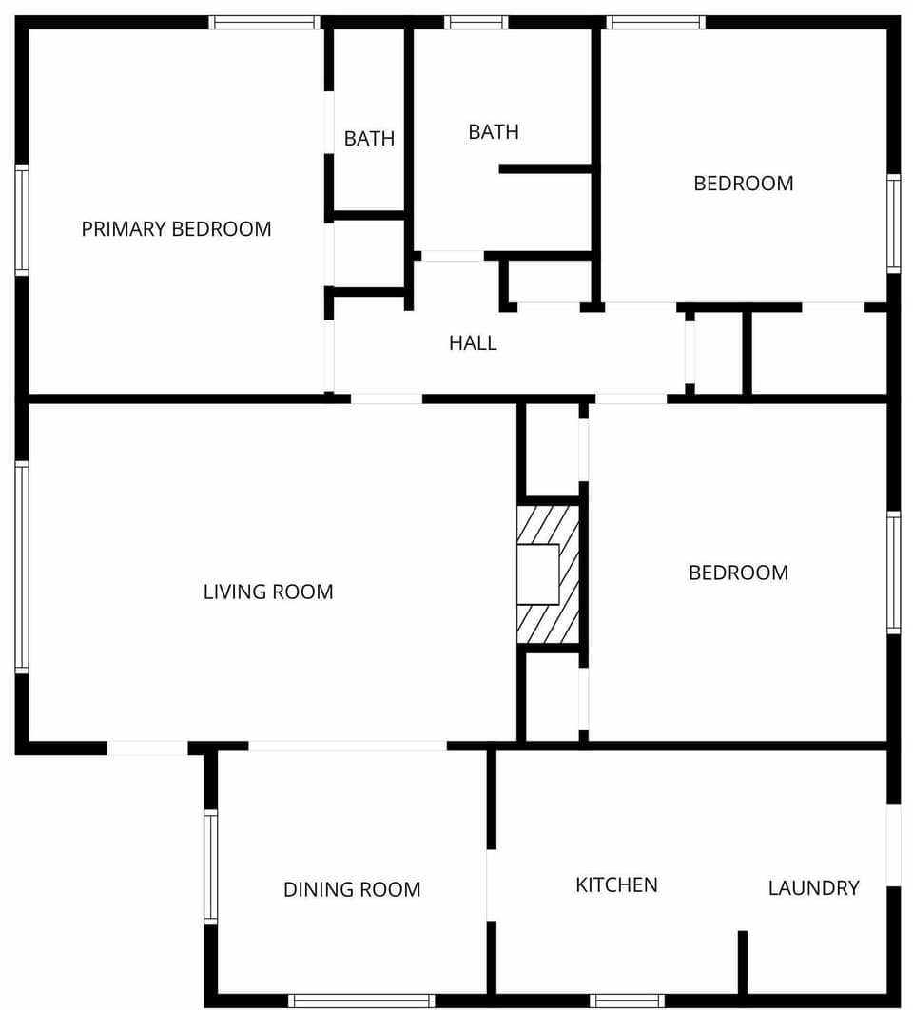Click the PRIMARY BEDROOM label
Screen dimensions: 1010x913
(176, 229)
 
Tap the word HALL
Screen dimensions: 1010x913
(473, 343)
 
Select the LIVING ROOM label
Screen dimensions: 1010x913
(268, 592)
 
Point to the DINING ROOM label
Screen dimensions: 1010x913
(352, 890)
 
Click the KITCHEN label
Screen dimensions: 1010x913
(616, 885)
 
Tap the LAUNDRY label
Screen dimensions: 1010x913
(813, 888)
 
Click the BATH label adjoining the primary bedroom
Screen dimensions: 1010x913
(369, 139)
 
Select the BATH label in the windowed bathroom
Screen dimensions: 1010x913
(494, 132)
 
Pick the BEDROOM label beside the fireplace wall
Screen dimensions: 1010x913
(738, 573)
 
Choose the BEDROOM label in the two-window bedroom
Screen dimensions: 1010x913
(743, 184)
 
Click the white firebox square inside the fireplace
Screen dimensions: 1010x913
(537, 574)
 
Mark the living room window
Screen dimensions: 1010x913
(21, 567)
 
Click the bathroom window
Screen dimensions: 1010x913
(476, 22)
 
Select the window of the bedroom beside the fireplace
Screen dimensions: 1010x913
(893, 573)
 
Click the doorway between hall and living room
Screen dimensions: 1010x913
(386, 398)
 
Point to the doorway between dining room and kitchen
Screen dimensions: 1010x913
(491, 884)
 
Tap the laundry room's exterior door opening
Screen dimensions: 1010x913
(893, 845)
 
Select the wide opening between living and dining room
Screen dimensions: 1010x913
(347, 747)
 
